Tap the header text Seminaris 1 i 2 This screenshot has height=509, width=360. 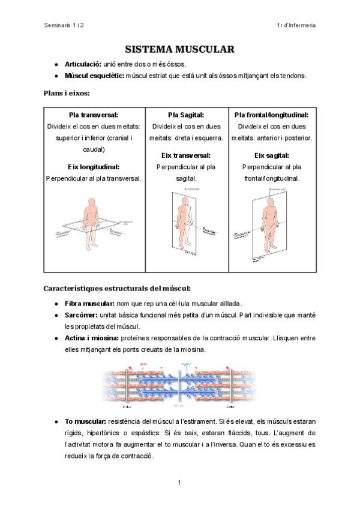pos(65,25)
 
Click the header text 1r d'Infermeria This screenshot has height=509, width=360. pos(296,25)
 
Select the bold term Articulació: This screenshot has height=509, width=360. pos(83,64)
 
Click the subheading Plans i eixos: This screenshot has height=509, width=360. pos(67,93)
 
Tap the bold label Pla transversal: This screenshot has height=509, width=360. pos(94,115)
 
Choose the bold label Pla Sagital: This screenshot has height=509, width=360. pos(186,115)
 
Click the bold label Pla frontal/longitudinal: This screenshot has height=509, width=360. pos(271,115)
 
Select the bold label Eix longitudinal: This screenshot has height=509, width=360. pos(94,167)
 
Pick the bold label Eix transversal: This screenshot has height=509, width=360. pos(186,155)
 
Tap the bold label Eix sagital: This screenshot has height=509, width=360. pos(271,155)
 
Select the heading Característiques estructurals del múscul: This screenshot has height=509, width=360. pos(117,288)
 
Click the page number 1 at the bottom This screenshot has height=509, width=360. pos(179,482)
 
